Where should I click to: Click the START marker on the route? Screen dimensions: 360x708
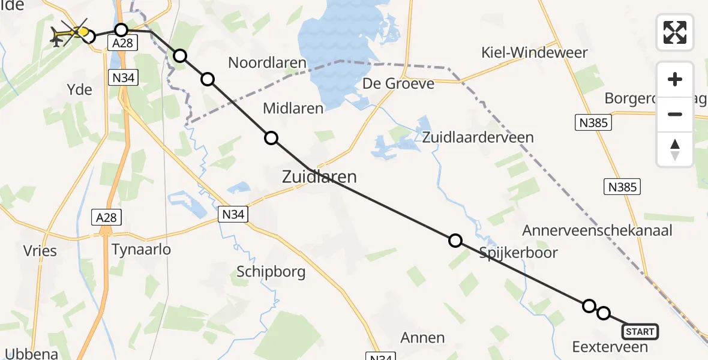tap(640, 332)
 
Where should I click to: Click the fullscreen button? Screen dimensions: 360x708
tap(675, 32)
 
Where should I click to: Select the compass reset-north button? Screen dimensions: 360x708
tap(675, 149)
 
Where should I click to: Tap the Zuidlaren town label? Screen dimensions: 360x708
tap(319, 177)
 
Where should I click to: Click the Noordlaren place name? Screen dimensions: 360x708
tap(267, 62)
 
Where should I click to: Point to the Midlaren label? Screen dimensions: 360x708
tap(293, 109)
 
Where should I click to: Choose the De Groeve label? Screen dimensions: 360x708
tap(398, 84)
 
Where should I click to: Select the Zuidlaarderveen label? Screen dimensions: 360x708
tap(478, 137)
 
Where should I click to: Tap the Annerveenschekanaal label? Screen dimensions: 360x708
tap(597, 230)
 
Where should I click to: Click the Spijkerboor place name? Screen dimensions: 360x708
tap(518, 253)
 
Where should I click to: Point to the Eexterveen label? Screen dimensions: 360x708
tap(610, 347)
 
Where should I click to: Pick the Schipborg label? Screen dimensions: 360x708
tap(271, 272)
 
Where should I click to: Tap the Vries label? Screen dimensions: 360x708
tap(41, 250)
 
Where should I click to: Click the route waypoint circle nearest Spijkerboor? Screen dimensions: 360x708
tap(455, 241)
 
